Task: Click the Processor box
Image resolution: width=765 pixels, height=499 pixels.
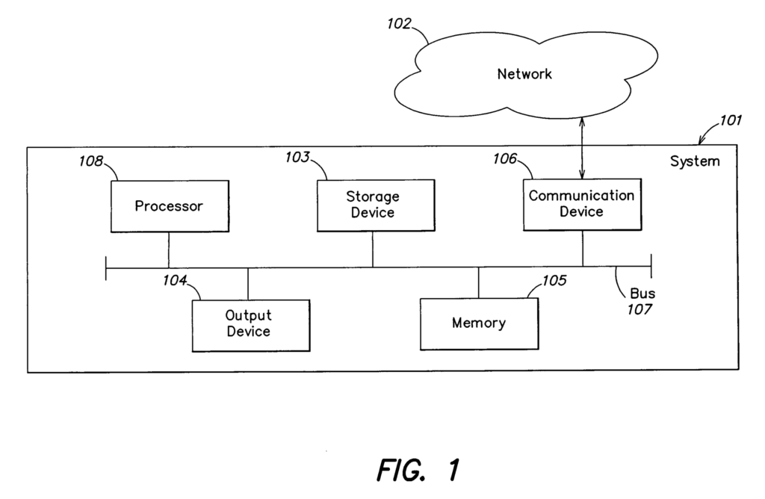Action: tap(168, 206)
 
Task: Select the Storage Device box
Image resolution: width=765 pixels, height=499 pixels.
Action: tap(373, 205)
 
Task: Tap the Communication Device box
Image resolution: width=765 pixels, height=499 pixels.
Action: tap(582, 204)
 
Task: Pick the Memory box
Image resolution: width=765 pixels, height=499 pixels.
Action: tap(478, 323)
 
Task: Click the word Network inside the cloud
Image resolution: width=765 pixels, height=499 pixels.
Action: tap(524, 74)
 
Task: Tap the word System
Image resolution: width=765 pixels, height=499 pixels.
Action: tap(695, 161)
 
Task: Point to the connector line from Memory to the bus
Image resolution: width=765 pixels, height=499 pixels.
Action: tap(478, 282)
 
